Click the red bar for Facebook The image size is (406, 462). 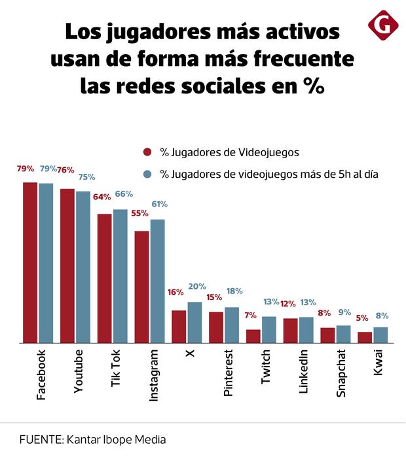point(30,262)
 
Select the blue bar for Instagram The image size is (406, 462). point(158,281)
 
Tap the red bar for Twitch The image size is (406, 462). point(253,336)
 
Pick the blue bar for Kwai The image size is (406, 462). point(380,335)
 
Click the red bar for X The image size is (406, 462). point(179,326)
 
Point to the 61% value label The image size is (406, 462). point(159,205)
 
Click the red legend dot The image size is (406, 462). point(147,152)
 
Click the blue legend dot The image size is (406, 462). point(147,174)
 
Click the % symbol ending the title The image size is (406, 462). point(314,86)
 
